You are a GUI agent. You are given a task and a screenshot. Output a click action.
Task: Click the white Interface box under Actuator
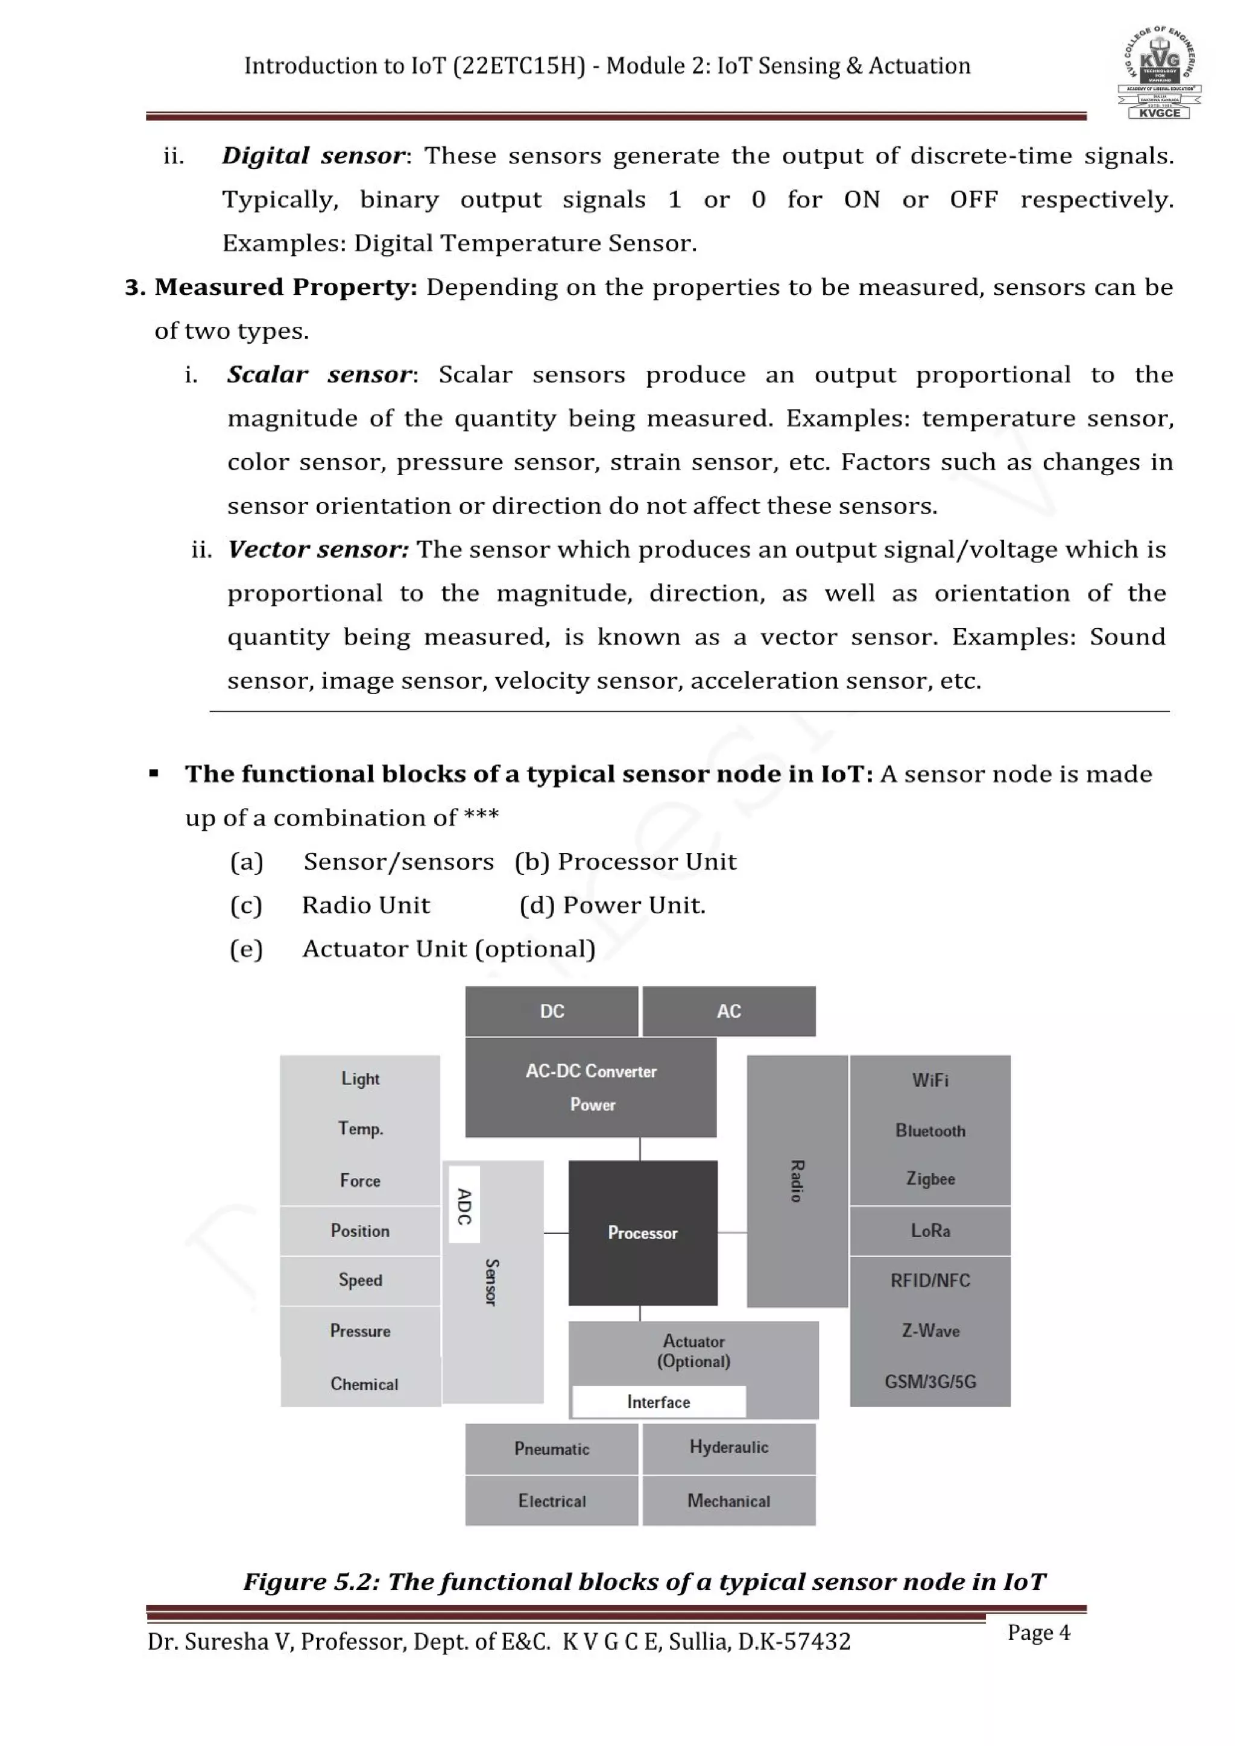(659, 1402)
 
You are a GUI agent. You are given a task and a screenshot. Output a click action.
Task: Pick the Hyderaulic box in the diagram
(728, 1447)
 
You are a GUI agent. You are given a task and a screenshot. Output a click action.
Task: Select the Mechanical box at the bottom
(728, 1501)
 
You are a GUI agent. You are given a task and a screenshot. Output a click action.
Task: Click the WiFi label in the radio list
(930, 1080)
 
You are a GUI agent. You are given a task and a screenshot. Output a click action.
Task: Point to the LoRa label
(930, 1231)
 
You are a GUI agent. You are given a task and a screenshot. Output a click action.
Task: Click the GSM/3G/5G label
(930, 1382)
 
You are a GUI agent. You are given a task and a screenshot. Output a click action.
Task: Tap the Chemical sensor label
(364, 1384)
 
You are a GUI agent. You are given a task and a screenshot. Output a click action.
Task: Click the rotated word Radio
(796, 1181)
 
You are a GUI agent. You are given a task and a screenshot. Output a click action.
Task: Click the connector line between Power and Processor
(640, 1149)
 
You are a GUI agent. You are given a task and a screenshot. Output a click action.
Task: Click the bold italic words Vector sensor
(318, 549)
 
